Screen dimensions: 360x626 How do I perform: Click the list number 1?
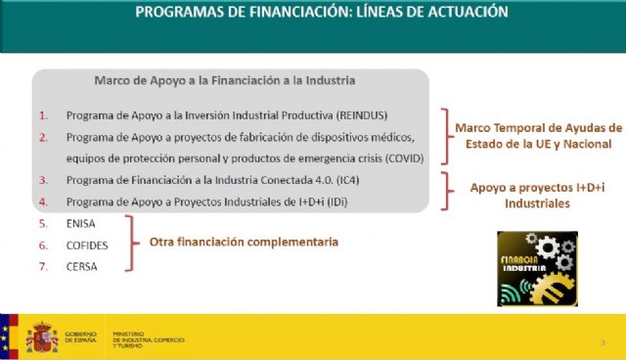pyautogui.click(x=43, y=114)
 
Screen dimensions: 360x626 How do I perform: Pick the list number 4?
pyautogui.click(x=43, y=202)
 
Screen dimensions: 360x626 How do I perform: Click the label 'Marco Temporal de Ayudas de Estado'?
pyautogui.click(x=537, y=136)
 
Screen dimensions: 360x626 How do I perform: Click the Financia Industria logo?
pyautogui.click(x=537, y=268)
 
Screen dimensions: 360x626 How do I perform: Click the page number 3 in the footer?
pyautogui.click(x=603, y=341)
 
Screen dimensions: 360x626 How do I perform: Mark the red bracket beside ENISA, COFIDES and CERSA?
pyautogui.click(x=130, y=244)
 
